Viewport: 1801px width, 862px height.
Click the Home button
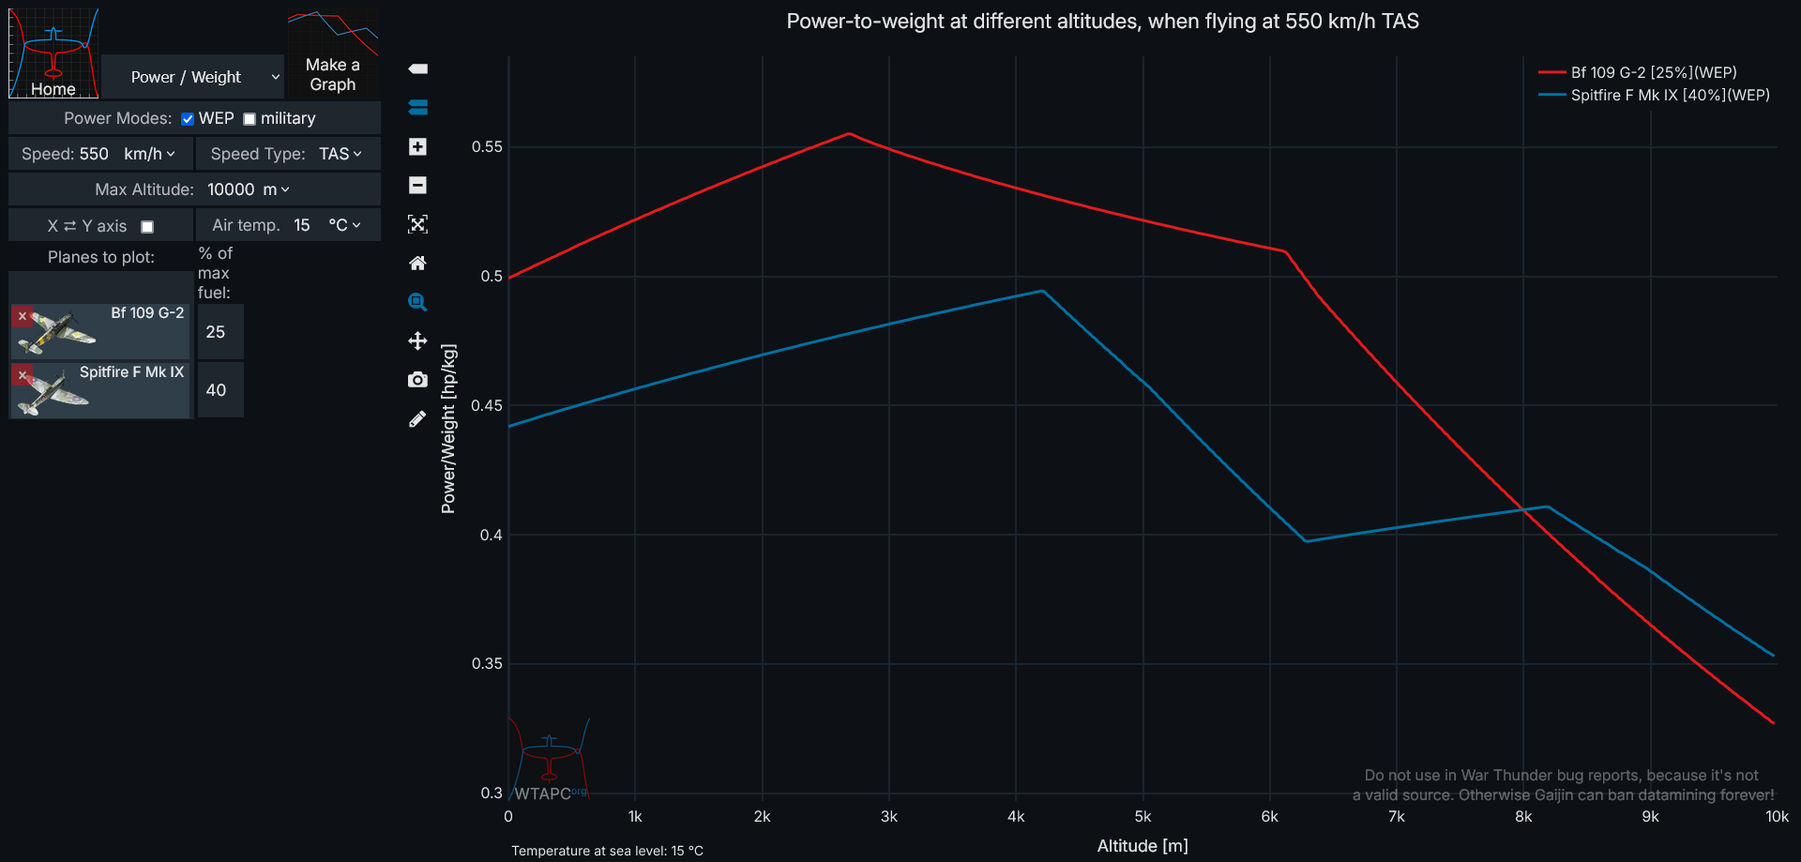53,53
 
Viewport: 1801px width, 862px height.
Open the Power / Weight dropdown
192,77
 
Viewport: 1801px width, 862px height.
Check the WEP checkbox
188,119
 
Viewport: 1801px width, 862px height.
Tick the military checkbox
250,119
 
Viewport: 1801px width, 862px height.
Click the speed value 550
94,154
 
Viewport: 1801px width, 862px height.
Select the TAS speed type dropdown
340,154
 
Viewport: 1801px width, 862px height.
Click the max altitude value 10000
231,189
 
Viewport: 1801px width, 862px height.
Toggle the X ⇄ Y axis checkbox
147,227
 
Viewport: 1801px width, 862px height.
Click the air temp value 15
302,225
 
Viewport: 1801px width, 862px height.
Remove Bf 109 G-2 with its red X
23,316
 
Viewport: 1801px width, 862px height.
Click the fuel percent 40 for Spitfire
217,390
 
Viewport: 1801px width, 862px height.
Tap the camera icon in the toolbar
417,380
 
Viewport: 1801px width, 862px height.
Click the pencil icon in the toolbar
417,419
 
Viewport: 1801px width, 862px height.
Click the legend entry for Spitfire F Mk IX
1670,96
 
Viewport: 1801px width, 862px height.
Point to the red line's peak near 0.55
849,134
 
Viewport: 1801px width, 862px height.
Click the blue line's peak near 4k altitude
1042,291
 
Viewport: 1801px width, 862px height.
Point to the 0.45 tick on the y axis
487,405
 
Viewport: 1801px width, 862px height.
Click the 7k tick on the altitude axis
1396,817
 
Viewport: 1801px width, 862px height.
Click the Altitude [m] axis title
1143,846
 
